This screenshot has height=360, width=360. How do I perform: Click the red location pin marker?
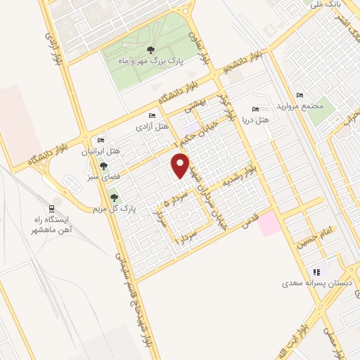pyautogui.click(x=181, y=165)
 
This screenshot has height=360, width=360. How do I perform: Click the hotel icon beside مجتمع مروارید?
pyautogui.click(x=300, y=95)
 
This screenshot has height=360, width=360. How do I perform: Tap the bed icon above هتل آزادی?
pyautogui.click(x=153, y=115)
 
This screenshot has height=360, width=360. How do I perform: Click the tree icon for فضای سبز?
pyautogui.click(x=103, y=167)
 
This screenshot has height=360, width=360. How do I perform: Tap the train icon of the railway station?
pyautogui.click(x=50, y=209)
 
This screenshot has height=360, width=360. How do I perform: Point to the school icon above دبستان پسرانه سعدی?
pyautogui.click(x=316, y=272)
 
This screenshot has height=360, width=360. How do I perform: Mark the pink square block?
pyautogui.click(x=268, y=226)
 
